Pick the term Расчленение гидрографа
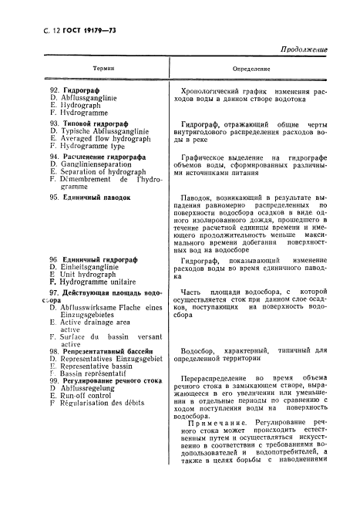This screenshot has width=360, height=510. pos(93,157)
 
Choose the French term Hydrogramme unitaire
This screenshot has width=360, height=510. pos(95,282)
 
